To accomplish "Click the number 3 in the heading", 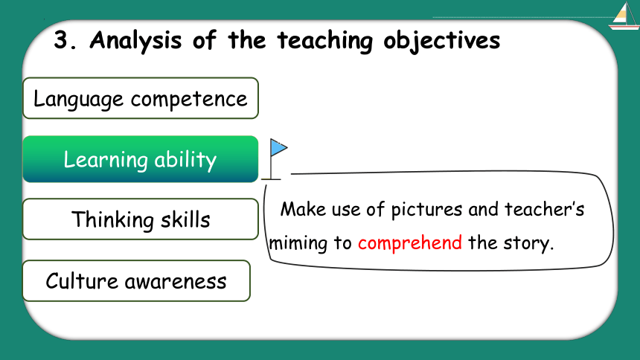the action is [x=61, y=40].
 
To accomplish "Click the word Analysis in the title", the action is [x=135, y=41].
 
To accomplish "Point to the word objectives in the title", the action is [x=441, y=41].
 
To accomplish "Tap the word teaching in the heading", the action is [x=325, y=41].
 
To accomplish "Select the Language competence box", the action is [x=141, y=98].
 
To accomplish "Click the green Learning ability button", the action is [x=141, y=159].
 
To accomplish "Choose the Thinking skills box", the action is [x=141, y=219].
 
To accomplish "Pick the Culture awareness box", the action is [x=136, y=281].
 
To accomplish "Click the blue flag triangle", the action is [x=279, y=147].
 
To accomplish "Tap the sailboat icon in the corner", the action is [x=624, y=16].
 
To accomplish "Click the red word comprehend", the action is [x=410, y=243].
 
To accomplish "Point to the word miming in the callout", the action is [x=298, y=243].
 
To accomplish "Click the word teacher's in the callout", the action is [x=545, y=209].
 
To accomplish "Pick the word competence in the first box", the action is [x=189, y=100].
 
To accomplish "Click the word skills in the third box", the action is [x=185, y=219].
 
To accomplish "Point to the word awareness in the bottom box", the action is [x=176, y=282].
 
